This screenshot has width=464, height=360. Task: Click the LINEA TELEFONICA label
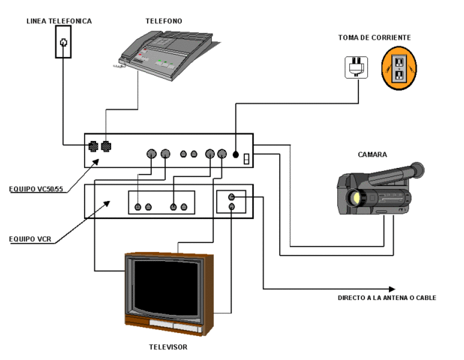[59, 21]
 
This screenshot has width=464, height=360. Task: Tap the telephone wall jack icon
[64, 43]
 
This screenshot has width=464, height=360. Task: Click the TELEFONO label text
[163, 21]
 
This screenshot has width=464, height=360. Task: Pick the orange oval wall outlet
[397, 68]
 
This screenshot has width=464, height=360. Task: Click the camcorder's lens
[353, 199]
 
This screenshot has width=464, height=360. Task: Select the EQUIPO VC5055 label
[35, 189]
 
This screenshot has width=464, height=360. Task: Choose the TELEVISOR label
[167, 347]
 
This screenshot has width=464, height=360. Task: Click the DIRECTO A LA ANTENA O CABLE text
[386, 298]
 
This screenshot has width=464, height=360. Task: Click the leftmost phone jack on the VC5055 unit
[93, 147]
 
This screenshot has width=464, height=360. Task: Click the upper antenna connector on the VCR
[231, 197]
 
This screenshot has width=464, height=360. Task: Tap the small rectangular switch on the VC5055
[246, 157]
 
